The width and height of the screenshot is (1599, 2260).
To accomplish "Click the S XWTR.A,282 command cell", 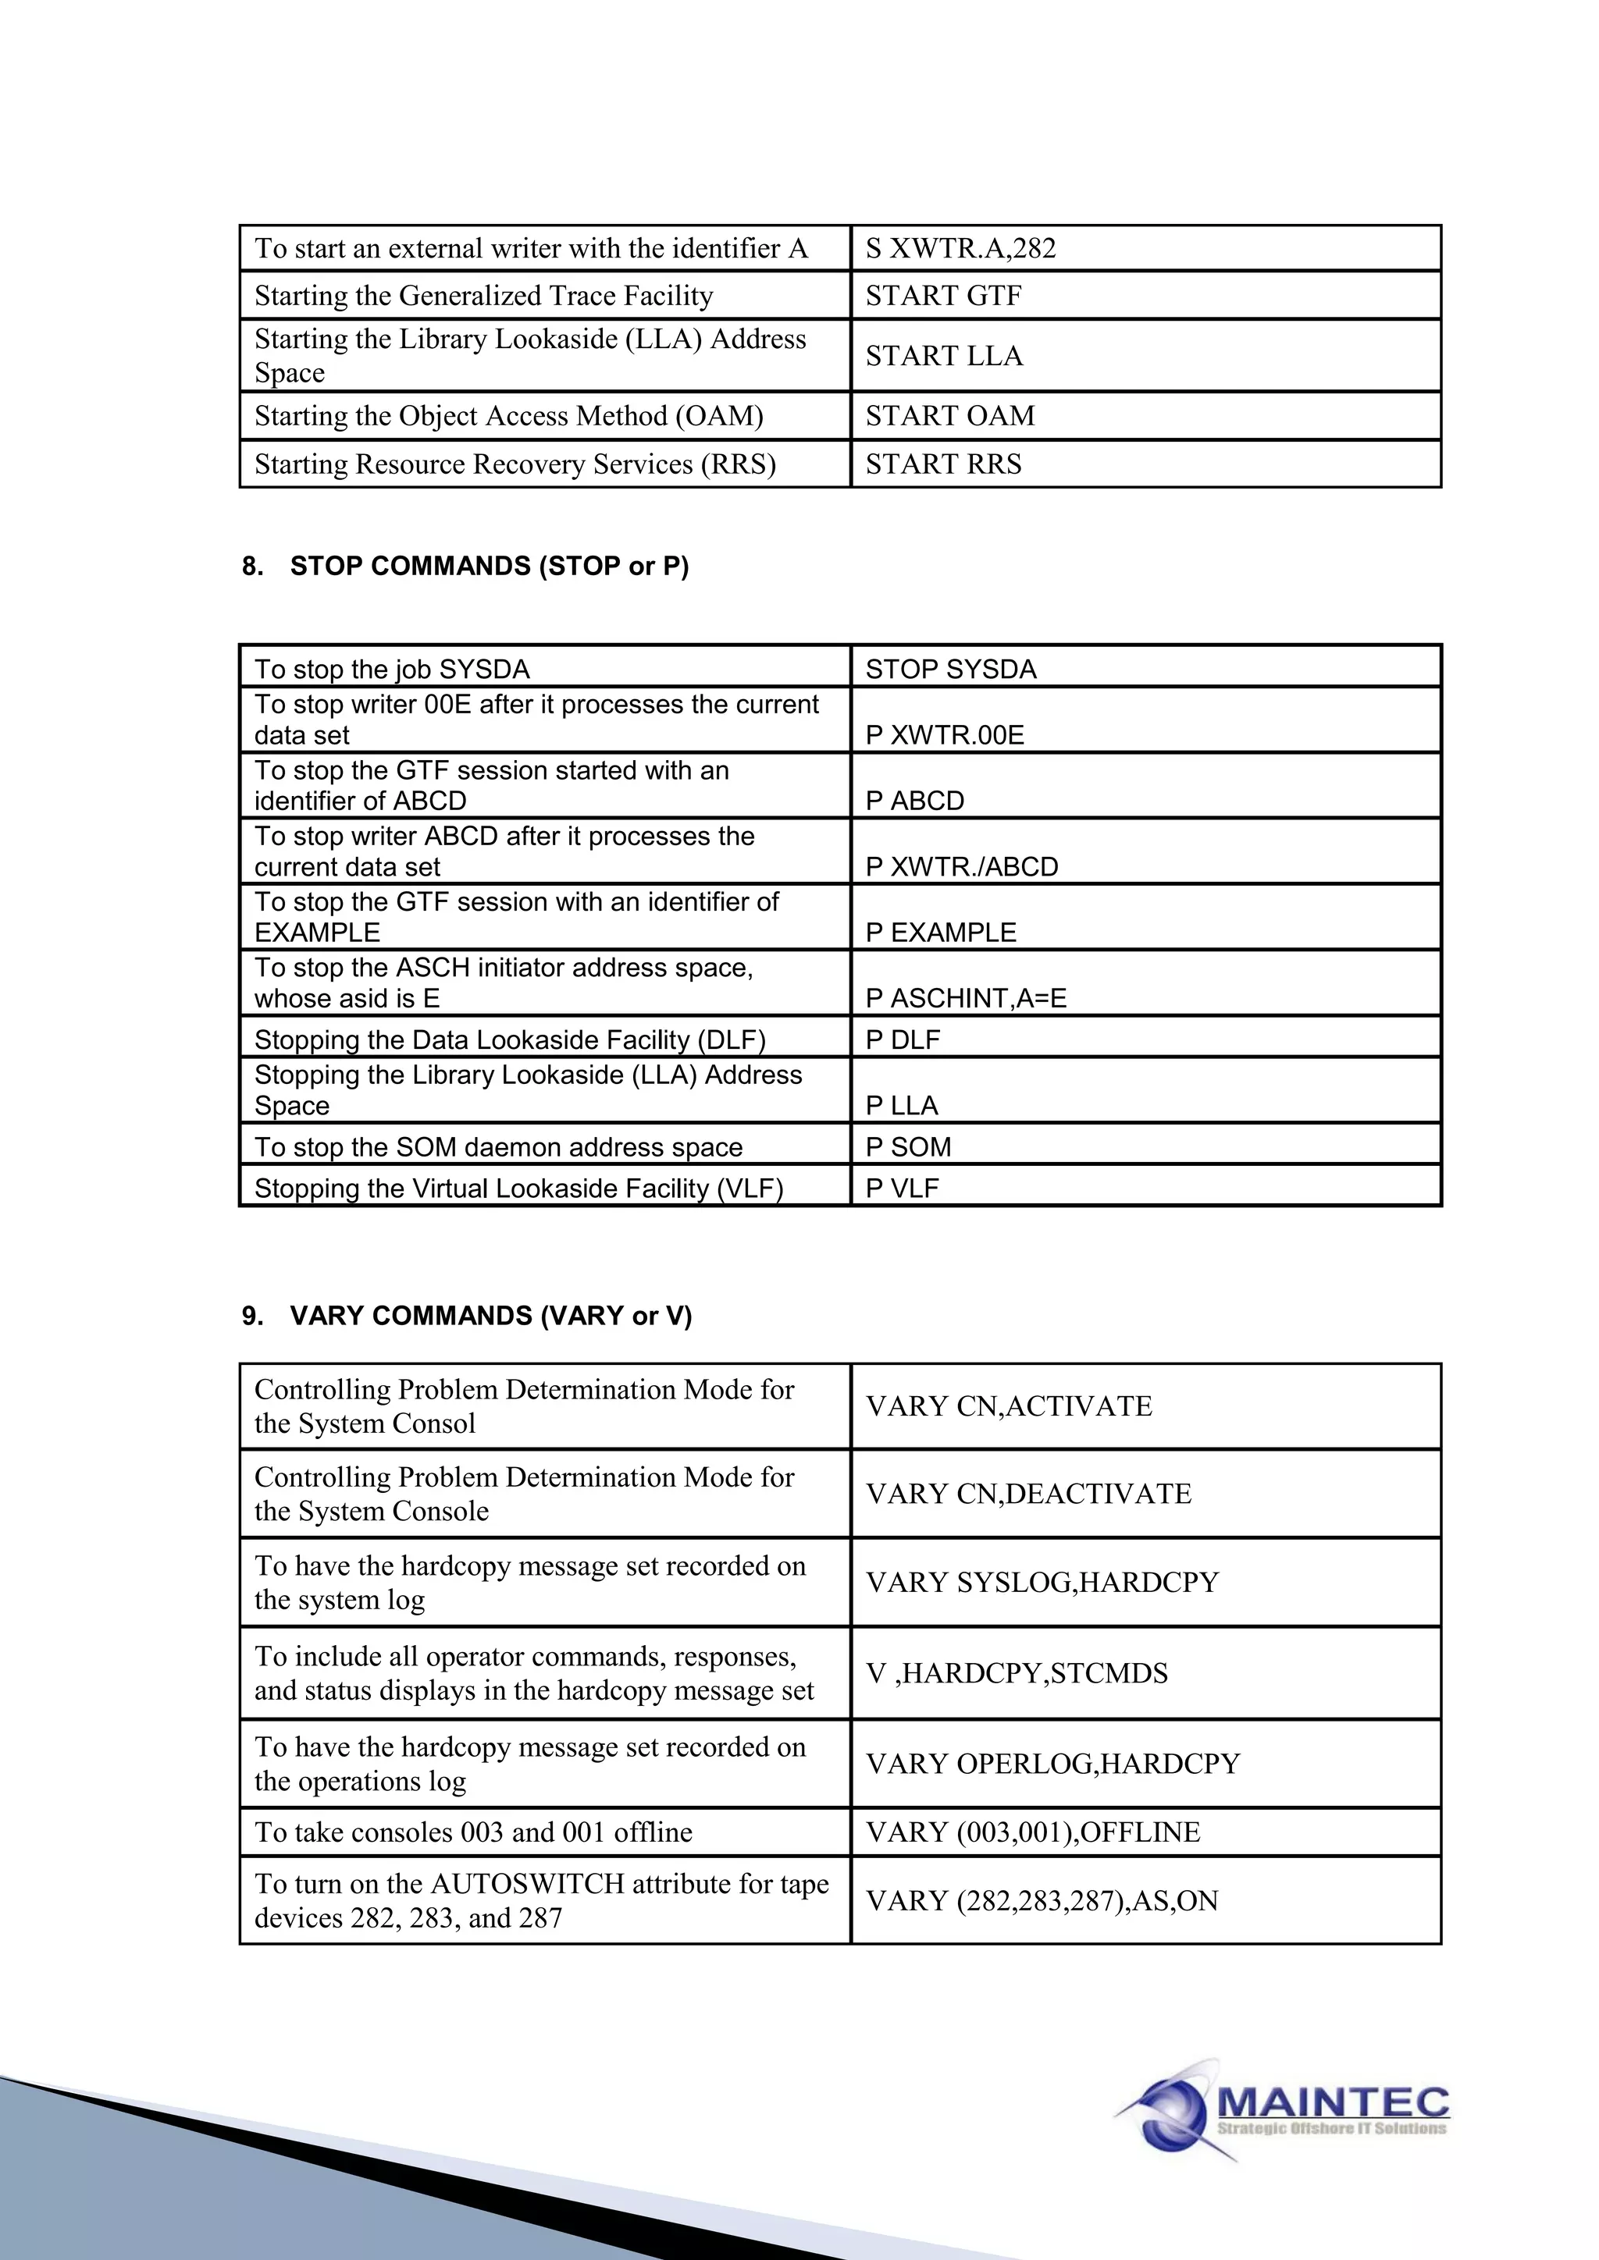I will click(960, 248).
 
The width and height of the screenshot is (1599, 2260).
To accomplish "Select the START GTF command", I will click(943, 295).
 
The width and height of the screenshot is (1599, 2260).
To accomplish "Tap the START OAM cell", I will click(949, 415).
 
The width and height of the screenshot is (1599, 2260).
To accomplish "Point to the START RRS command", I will click(943, 464).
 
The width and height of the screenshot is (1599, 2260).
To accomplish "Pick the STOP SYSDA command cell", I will click(950, 670).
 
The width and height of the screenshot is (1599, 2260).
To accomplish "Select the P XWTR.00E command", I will click(944, 734).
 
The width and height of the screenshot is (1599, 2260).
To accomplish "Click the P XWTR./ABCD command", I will click(961, 866).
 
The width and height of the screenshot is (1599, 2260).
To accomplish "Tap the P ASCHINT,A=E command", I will click(965, 998).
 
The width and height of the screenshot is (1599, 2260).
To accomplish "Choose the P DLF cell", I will click(902, 1039).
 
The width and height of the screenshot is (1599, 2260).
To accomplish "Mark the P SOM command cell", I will click(908, 1146).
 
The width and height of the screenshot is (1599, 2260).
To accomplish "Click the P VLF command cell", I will click(902, 1188).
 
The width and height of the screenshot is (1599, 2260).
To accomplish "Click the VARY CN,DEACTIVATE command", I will click(1028, 1493).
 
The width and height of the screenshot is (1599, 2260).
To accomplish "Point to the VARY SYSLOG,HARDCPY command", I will click(1042, 1582).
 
